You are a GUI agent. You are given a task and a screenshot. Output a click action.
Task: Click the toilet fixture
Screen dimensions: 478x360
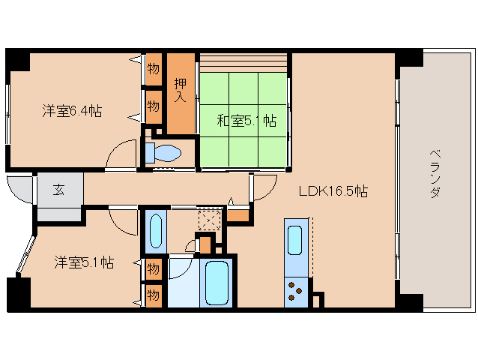click(163, 152)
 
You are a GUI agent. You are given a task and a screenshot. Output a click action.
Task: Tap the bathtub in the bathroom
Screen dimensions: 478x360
click(217, 283)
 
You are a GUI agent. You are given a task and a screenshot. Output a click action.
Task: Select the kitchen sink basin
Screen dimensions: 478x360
click(294, 240)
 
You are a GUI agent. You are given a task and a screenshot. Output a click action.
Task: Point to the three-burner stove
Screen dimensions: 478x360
click(296, 292)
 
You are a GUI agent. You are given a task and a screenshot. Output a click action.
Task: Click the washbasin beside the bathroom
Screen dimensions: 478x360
click(156, 231)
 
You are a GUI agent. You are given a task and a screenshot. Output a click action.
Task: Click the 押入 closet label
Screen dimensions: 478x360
click(180, 90)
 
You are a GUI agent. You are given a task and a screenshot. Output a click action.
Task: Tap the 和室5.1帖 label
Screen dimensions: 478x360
click(246, 121)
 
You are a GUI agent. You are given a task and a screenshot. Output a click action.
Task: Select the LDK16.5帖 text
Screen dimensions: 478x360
click(333, 191)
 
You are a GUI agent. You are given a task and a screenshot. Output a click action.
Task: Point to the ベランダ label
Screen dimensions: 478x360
click(435, 173)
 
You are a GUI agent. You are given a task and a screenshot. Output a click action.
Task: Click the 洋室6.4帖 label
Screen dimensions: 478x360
click(72, 111)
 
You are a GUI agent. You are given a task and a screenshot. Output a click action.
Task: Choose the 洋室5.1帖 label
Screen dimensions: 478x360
click(84, 262)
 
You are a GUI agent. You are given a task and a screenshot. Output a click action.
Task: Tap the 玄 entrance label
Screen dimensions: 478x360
click(59, 190)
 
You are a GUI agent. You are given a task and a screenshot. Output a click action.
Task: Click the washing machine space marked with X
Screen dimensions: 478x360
click(210, 220)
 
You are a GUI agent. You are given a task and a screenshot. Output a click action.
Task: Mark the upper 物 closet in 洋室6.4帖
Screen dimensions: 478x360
click(154, 69)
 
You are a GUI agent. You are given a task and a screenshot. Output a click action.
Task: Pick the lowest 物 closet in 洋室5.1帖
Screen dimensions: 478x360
click(154, 295)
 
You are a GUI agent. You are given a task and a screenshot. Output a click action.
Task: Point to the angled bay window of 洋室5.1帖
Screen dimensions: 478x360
click(26, 253)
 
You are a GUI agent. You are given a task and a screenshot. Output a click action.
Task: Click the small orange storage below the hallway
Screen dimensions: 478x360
click(238, 216)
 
